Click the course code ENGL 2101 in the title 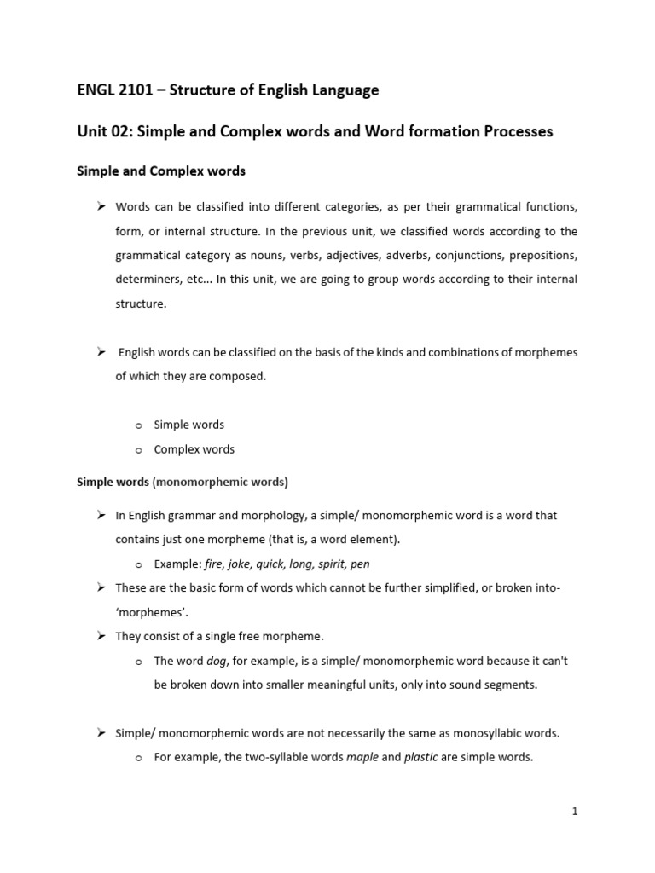pos(114,90)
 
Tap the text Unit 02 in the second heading pos(104,131)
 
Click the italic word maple pos(362,756)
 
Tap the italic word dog pos(219,661)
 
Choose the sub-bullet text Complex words pos(194,449)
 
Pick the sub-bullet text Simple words pos(188,425)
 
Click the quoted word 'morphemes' pos(151,612)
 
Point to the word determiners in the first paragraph pos(147,279)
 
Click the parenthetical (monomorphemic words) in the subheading pos(220,482)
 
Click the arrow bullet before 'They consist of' pos(100,636)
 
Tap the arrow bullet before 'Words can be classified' pos(100,207)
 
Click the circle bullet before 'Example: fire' pos(137,564)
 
